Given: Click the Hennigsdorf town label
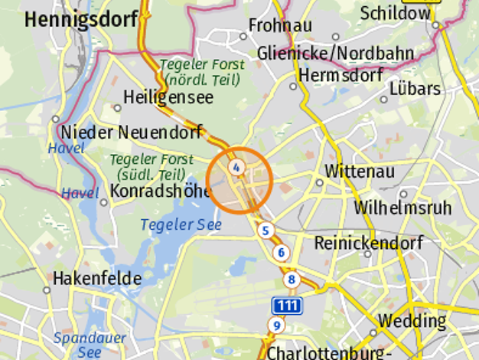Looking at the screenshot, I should coord(80,20).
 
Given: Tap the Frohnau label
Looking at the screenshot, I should coord(281,25).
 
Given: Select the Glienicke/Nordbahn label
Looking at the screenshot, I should coord(335,53).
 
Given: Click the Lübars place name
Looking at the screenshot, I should coord(415,88).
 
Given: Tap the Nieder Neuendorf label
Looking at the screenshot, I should coord(132,132).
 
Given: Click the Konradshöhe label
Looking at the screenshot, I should coord(160,190).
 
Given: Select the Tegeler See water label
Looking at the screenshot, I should coord(181,224).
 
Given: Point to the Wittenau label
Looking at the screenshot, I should coord(360,171).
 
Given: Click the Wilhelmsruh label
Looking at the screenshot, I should coord(402,207).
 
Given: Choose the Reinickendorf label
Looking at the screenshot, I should coord(369,244).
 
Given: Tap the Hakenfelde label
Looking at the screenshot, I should coord(97,278).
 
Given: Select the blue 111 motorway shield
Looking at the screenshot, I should coord(286,306).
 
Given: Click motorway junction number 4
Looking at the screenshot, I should coord(237,167).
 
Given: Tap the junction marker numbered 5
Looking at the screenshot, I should coord(266,230).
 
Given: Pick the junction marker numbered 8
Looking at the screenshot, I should coord(291,280).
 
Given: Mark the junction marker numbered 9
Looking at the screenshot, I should coord(276,326).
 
